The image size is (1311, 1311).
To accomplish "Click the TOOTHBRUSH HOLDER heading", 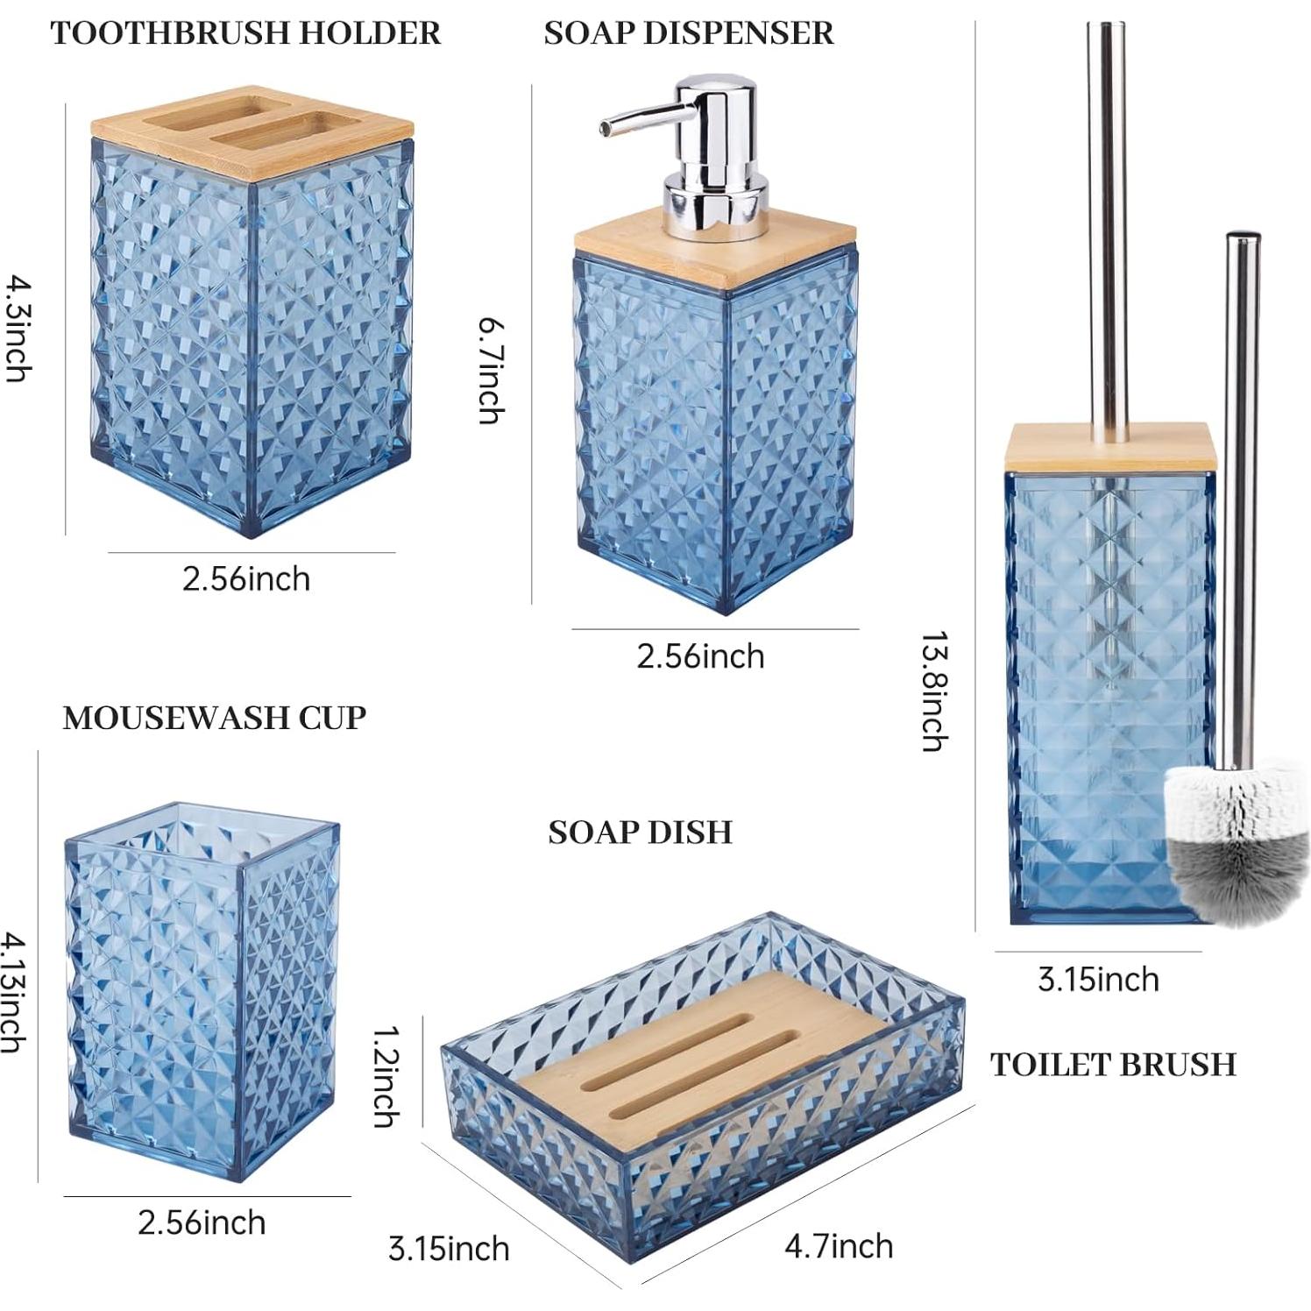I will (245, 33).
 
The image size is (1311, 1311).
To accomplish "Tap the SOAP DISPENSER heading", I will (688, 33).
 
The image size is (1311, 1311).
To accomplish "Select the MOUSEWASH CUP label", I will (214, 718).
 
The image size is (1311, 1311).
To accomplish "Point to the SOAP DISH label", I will (640, 832).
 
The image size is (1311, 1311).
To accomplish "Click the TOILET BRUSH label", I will (1113, 1064).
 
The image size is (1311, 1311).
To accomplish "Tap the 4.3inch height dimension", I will (18, 329).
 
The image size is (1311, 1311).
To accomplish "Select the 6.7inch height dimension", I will (491, 371).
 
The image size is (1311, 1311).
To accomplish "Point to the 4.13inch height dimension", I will (12, 992).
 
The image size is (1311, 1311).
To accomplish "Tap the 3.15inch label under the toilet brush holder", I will (1098, 979).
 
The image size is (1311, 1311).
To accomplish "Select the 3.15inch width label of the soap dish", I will (449, 1249).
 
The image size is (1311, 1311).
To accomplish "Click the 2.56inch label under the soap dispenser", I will (700, 656).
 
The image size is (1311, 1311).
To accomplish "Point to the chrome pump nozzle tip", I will (606, 128).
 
